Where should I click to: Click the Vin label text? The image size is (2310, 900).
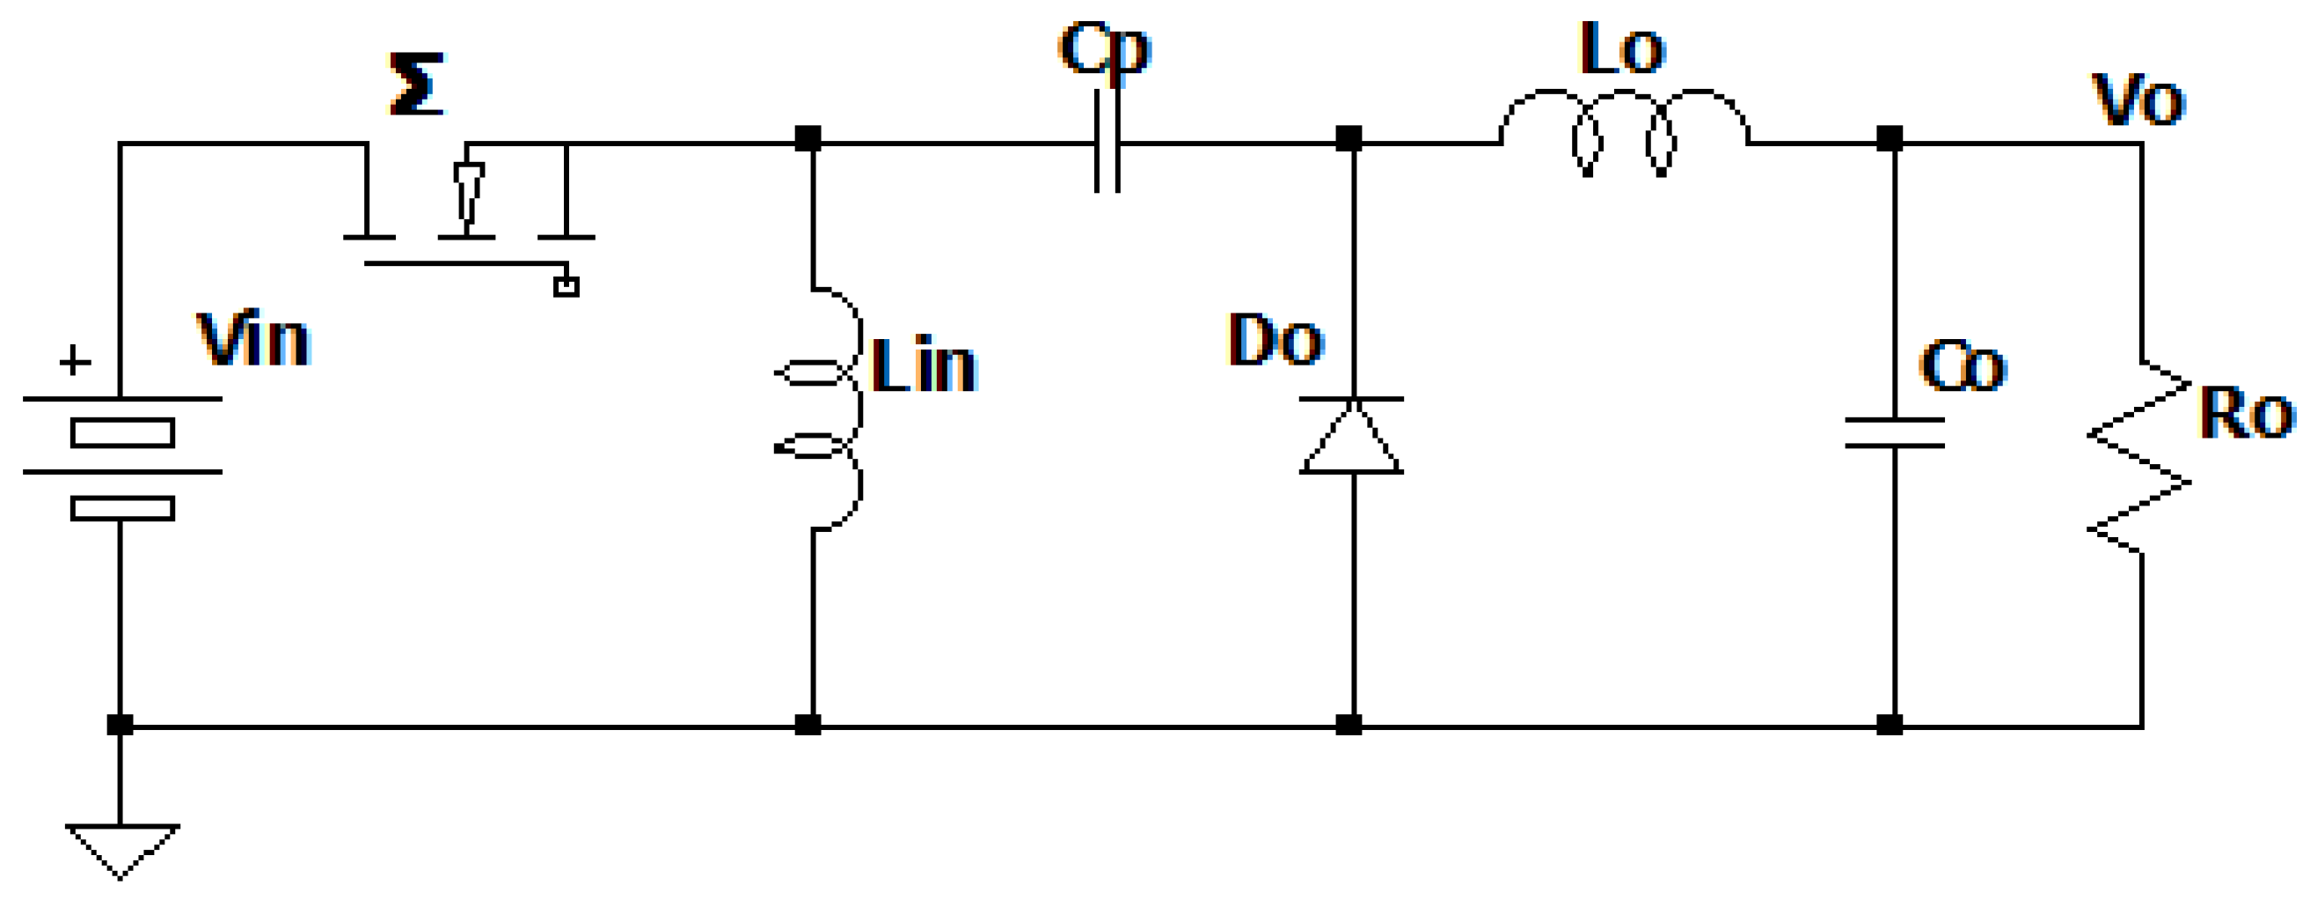pyautogui.click(x=252, y=340)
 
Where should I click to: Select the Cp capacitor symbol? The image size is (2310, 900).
pyautogui.click(x=1107, y=142)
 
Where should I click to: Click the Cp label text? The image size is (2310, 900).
pyautogui.click(x=1104, y=49)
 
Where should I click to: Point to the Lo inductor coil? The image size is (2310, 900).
pyautogui.click(x=1624, y=130)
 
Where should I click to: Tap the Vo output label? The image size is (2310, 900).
pyautogui.click(x=2138, y=100)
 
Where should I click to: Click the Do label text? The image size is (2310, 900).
pyautogui.click(x=1275, y=340)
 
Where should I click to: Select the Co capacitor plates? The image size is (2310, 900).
pyautogui.click(x=1894, y=432)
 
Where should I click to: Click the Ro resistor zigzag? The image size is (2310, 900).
pyautogui.click(x=2139, y=458)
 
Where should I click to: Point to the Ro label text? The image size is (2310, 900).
pyautogui.click(x=2247, y=414)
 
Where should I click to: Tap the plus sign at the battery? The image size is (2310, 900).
pyautogui.click(x=75, y=362)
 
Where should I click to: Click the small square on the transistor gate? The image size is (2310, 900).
pyautogui.click(x=566, y=287)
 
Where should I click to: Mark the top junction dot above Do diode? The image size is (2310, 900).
pyautogui.click(x=1349, y=139)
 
